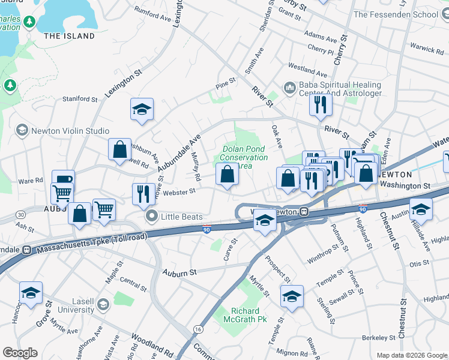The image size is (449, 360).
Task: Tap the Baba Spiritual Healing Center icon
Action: pyautogui.click(x=290, y=89)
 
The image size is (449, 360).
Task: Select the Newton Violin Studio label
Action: pyautogui.click(x=70, y=131)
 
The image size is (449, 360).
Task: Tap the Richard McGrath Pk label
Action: pyautogui.click(x=245, y=316)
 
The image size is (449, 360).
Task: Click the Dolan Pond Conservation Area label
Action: pyautogui.click(x=244, y=157)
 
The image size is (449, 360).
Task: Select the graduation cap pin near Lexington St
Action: pyautogui.click(x=142, y=109)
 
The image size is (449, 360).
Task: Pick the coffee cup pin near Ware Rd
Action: pyautogui.click(x=63, y=181)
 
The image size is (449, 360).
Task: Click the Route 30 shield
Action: pyautogui.click(x=21, y=214)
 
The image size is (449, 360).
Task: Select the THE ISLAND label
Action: pyautogui.click(x=70, y=36)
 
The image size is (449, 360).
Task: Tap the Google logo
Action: pyautogui.click(x=20, y=352)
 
